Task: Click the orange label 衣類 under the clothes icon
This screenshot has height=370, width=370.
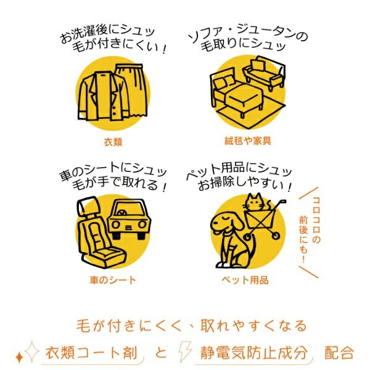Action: click(x=113, y=142)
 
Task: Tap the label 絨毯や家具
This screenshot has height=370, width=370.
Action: click(x=248, y=141)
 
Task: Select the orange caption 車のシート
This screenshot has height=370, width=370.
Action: click(x=113, y=280)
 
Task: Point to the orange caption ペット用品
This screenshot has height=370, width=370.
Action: click(x=245, y=280)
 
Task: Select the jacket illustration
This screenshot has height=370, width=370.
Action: click(x=102, y=96)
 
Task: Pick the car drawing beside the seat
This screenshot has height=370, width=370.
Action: click(x=129, y=218)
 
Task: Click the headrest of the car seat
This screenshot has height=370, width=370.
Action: click(x=87, y=205)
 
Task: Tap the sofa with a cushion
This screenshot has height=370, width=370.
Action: click(x=265, y=73)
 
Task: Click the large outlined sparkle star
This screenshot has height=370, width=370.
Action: click(x=32, y=351)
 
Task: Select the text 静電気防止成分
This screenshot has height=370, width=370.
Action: click(x=253, y=353)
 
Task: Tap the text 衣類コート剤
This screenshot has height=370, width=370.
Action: click(x=91, y=353)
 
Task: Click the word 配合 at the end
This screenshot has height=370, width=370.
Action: click(x=339, y=353)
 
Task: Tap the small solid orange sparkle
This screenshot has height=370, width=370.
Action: click(x=19, y=357)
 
